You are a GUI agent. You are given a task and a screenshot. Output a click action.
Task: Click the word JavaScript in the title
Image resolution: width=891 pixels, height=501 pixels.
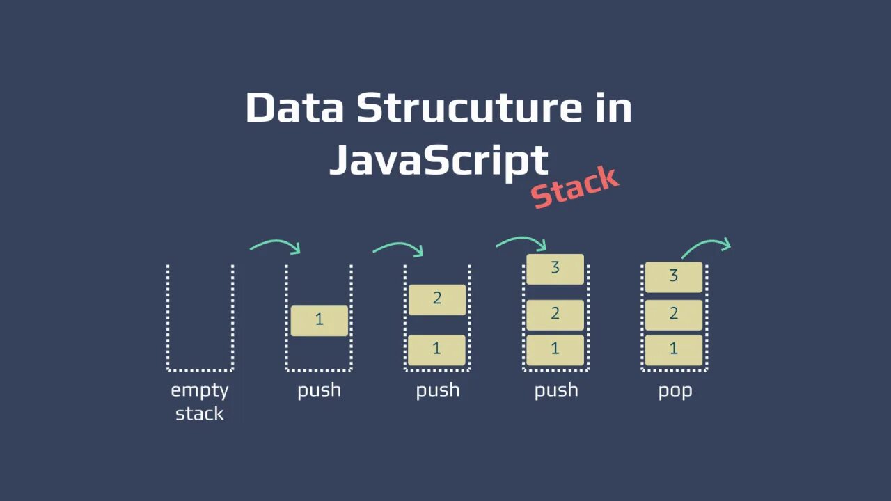tap(439, 159)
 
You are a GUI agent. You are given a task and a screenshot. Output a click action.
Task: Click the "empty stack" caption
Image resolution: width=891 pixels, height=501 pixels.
tap(200, 401)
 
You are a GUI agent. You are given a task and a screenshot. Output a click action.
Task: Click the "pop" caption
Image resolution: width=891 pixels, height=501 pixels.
tap(675, 390)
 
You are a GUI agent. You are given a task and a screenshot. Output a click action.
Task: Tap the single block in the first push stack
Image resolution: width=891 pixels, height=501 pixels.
tap(319, 320)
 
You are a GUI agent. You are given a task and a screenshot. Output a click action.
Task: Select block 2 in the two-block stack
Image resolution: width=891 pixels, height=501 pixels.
tap(437, 299)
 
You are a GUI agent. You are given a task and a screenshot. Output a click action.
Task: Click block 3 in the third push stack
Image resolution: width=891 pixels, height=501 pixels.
tap(555, 269)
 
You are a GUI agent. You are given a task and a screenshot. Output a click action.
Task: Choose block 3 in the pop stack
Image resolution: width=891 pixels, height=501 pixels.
tap(673, 276)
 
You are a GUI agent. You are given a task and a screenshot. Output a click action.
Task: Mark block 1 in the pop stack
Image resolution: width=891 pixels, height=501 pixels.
tap(673, 349)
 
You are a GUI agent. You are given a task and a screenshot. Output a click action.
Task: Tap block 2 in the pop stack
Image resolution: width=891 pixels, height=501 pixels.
tap(673, 315)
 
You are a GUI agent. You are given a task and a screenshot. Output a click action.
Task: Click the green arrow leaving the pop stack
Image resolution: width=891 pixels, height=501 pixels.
tap(706, 246)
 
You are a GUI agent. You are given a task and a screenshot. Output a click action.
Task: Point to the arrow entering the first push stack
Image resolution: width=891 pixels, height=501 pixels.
tap(275, 245)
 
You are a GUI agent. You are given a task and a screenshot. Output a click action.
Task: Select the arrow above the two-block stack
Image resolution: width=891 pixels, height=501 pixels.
tap(398, 246)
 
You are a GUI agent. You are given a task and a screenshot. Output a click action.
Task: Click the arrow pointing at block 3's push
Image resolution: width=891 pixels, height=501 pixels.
tap(521, 241)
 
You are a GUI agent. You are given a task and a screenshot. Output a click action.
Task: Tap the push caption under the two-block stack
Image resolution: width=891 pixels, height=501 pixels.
tap(437, 390)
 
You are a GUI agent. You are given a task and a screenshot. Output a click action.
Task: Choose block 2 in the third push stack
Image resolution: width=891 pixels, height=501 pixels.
tap(555, 315)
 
